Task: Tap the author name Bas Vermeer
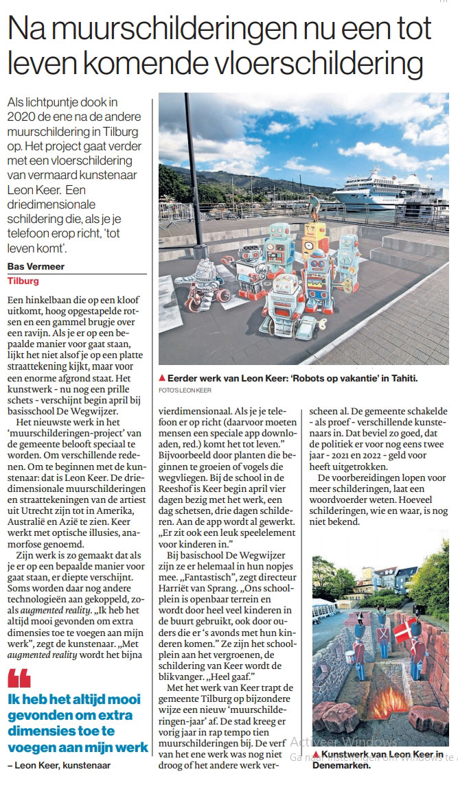[x=36, y=267]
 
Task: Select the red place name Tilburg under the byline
[x=23, y=281]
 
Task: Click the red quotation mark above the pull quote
[x=19, y=679]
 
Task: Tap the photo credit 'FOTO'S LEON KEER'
[x=185, y=390]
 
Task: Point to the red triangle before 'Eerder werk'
[x=162, y=378]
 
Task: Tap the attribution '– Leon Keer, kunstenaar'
[x=58, y=764]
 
